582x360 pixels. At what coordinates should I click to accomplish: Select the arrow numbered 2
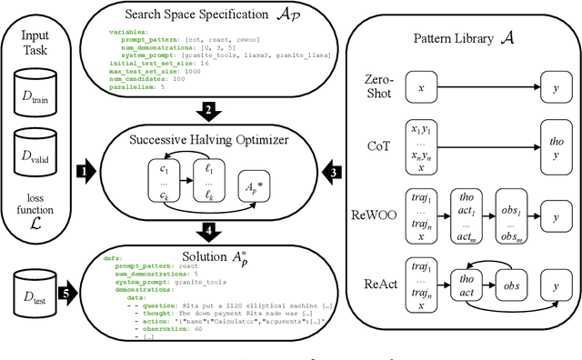(x=209, y=111)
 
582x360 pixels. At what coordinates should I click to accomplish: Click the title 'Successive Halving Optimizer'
(x=209, y=141)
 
